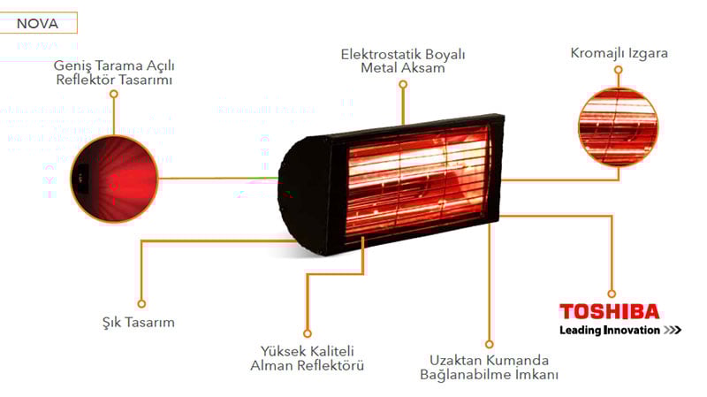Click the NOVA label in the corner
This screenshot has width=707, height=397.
point(38,23)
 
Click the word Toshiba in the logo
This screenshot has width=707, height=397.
point(609,311)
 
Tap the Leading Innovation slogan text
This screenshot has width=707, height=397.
point(609,331)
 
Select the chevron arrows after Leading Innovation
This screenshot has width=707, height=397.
point(672,331)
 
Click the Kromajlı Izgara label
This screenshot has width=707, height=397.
point(620,53)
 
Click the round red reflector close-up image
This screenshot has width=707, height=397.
point(113,178)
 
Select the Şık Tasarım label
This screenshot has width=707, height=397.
point(137,323)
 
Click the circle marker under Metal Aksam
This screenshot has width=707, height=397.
point(403,84)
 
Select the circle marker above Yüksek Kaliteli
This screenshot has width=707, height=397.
point(307,333)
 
